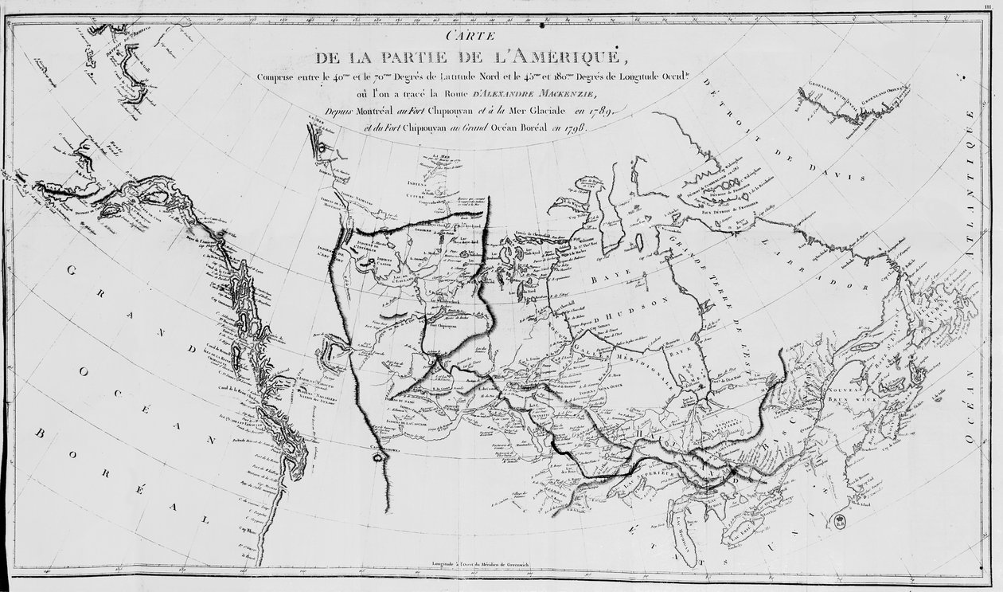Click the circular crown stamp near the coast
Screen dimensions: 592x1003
[x=840, y=523]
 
